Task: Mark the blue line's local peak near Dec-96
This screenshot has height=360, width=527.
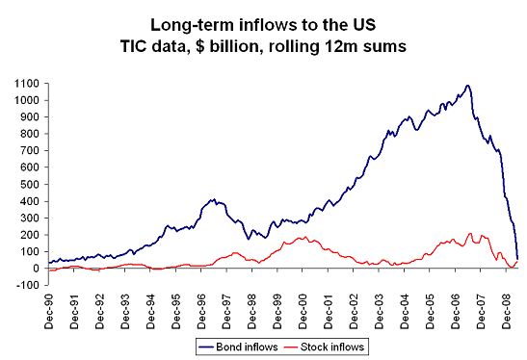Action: [211, 199]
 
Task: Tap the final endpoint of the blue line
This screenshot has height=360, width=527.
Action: [517, 258]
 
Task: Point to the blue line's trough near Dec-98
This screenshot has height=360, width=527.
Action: [251, 238]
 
